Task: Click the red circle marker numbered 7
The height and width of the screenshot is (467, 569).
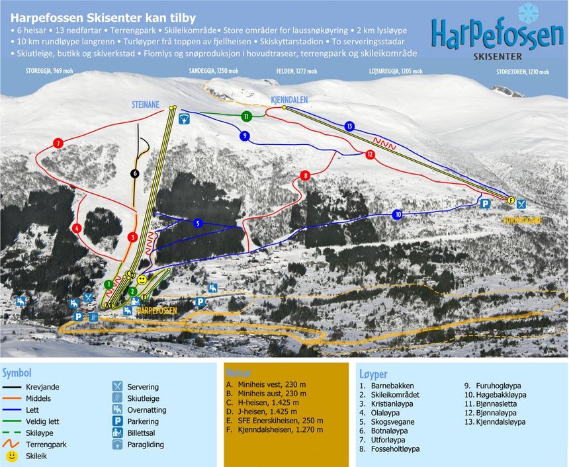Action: [59, 143]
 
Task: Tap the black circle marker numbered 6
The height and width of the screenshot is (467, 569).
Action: [135, 173]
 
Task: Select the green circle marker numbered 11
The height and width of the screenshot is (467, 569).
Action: [246, 116]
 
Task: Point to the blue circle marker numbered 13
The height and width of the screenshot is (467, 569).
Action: [349, 126]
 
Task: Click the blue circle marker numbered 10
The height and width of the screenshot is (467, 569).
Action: [398, 214]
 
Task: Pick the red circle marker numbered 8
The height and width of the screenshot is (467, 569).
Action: [305, 175]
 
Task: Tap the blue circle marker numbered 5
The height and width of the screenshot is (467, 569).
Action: [197, 224]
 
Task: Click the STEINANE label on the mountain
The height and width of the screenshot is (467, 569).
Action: [148, 103]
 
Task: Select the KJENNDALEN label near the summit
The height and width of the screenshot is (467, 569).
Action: [289, 99]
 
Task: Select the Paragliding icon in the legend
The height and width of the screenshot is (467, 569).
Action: [118, 445]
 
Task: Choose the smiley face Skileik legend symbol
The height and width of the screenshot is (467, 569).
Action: [12, 456]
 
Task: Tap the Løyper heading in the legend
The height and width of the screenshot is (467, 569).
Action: [373, 374]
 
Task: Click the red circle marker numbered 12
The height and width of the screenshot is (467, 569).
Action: [369, 154]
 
